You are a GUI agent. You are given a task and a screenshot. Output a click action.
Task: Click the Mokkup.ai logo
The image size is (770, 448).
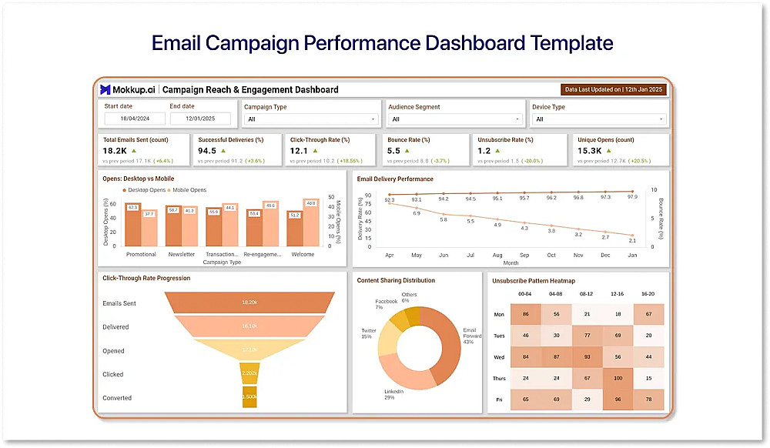point(129,89)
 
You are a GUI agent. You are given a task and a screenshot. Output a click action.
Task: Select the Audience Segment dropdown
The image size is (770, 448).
point(455,119)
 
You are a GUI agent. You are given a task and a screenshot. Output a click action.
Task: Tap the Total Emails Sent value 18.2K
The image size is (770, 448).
point(115,151)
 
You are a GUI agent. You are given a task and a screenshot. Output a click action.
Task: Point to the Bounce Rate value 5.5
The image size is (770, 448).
point(394,151)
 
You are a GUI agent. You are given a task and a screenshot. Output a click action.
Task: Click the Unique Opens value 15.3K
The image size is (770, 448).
point(590,151)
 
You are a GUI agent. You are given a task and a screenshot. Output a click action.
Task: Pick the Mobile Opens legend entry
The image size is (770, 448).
point(187,189)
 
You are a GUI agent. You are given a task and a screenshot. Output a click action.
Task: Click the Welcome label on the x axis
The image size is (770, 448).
point(302,254)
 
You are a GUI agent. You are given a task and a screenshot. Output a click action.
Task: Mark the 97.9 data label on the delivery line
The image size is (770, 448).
point(633,197)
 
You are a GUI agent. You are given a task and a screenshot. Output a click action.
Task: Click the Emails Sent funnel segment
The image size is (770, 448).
point(250,303)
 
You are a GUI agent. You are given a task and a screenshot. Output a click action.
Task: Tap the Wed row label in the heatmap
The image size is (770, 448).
point(499,356)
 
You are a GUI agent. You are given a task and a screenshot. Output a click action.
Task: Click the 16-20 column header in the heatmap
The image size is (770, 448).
point(648,293)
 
